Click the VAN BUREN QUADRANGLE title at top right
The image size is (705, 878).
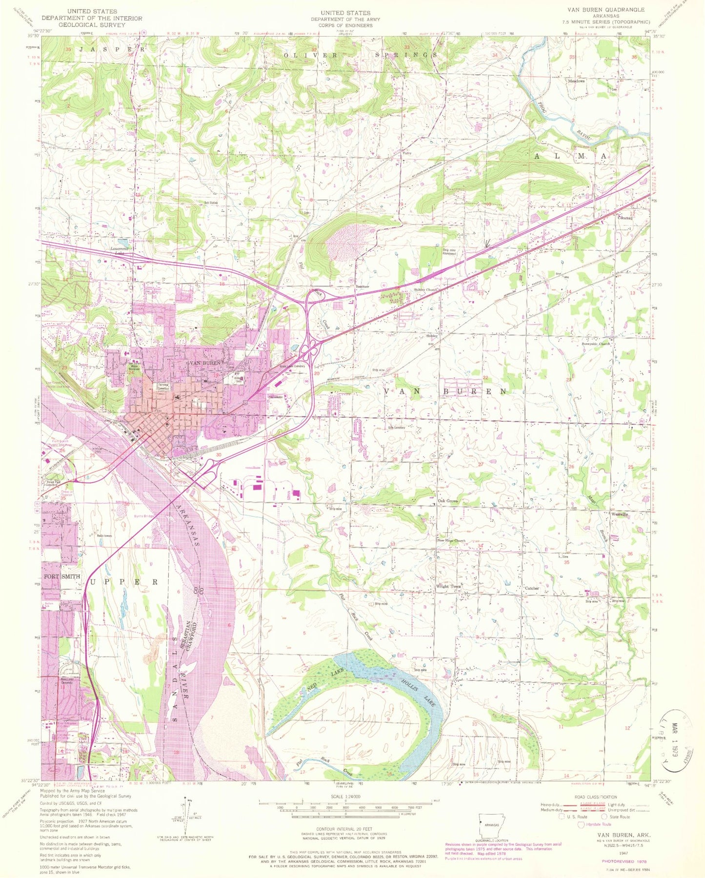point(605,10)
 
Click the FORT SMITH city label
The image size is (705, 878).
point(62,576)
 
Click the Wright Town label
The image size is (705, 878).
point(447,587)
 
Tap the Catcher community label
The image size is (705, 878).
point(532,589)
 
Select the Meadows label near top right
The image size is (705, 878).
point(576,81)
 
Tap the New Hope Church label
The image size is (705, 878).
point(451,541)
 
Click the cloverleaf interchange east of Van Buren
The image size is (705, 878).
point(309,349)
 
